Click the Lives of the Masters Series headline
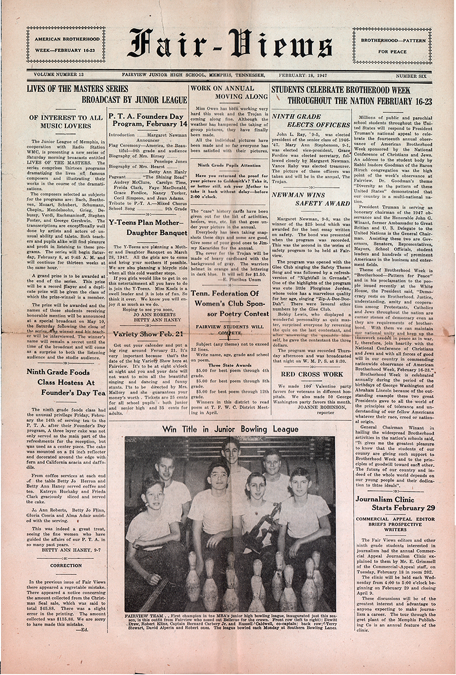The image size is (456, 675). tap(106, 94)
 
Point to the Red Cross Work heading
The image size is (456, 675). tap(312, 374)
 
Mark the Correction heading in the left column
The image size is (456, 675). tap(66, 565)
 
